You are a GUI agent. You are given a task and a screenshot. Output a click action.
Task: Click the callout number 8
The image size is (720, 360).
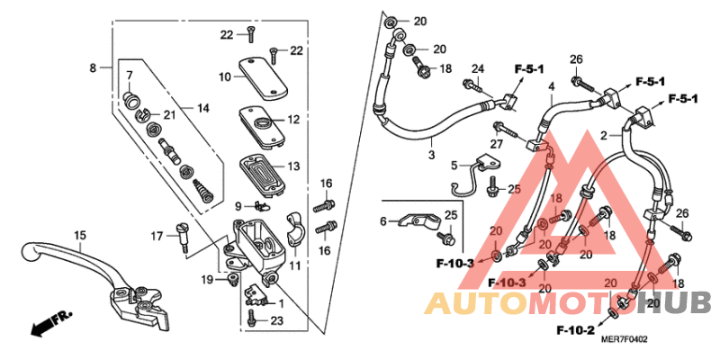(x=92, y=67)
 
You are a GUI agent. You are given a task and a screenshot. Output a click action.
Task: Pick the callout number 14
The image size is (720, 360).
(x=203, y=108)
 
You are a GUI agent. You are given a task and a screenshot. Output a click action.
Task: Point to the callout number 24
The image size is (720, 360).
(x=478, y=68)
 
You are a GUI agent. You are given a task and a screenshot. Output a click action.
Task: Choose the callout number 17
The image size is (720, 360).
(x=156, y=236)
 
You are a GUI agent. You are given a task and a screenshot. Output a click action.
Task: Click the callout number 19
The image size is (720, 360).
(x=208, y=281)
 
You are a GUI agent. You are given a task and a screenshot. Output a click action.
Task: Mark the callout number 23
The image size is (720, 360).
(x=276, y=320)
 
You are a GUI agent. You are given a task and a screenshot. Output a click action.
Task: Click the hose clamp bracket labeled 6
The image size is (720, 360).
(x=415, y=220)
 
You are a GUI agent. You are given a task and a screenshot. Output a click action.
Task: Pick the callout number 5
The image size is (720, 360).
(x=454, y=166)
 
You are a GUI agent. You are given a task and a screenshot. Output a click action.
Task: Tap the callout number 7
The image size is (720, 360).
(x=129, y=75)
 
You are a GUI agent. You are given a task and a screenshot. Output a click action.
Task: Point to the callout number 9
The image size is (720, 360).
(x=238, y=206)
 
